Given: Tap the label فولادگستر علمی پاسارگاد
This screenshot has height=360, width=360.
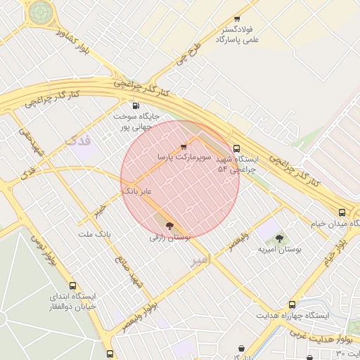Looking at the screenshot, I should coord(236,35).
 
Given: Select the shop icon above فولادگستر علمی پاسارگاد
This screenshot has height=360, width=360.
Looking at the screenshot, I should coord(236,19).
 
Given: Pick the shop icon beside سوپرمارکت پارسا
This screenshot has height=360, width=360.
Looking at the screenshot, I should coord(184,147).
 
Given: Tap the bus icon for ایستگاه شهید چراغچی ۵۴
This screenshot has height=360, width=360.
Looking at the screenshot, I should coord(236,148).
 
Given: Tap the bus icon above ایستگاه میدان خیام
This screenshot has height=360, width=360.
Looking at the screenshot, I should coord(342,212).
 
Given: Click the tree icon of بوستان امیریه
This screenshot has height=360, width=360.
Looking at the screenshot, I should coord(280,238).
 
